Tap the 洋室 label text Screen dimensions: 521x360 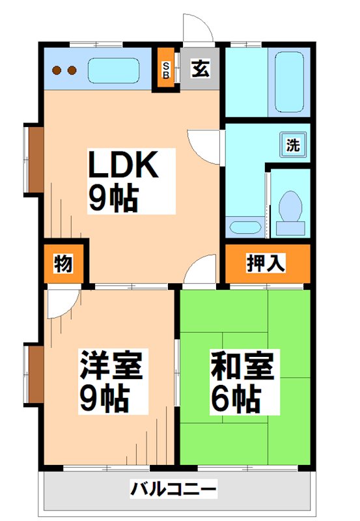click(x=110, y=365)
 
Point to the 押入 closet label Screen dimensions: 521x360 click(x=266, y=264)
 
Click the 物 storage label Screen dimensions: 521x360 click(x=63, y=264)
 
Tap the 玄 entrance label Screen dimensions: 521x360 click(x=200, y=68)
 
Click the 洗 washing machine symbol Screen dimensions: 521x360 click(x=293, y=144)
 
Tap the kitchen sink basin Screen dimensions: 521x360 click(x=113, y=70)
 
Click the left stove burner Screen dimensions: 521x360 click(x=57, y=70)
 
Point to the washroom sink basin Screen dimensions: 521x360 click(x=245, y=227)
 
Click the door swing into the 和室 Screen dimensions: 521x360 click(x=202, y=270)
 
